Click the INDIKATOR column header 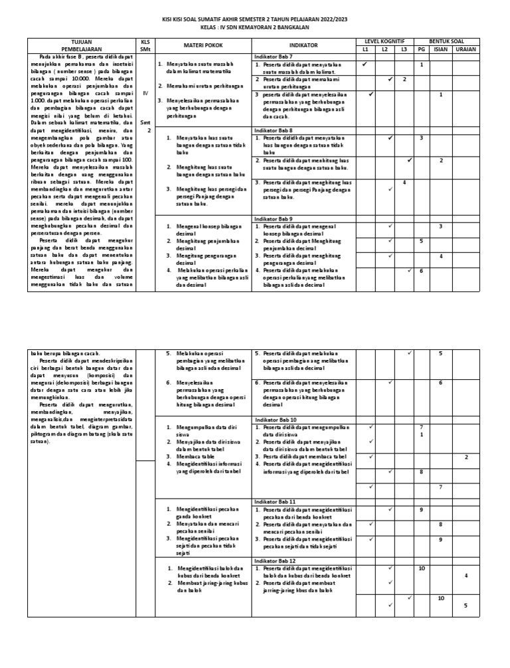coord(303,45)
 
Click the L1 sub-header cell coord(365,49)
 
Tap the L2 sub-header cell coord(384,49)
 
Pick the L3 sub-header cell coord(404,49)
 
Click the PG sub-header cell coord(421,49)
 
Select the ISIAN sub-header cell coord(440,49)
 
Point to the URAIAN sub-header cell coord(466,49)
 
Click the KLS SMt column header coord(145,45)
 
